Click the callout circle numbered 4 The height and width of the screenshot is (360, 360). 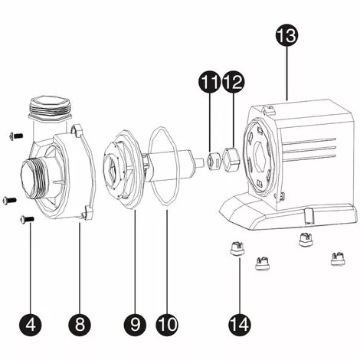click(31, 324)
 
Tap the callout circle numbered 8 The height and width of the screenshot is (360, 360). click(79, 324)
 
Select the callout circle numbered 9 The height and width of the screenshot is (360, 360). click(136, 324)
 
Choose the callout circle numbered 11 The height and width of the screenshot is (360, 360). click(210, 80)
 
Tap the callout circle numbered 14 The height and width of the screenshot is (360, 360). click(240, 324)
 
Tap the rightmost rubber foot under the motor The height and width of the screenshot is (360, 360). click(335, 259)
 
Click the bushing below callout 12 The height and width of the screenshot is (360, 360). click(234, 158)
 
